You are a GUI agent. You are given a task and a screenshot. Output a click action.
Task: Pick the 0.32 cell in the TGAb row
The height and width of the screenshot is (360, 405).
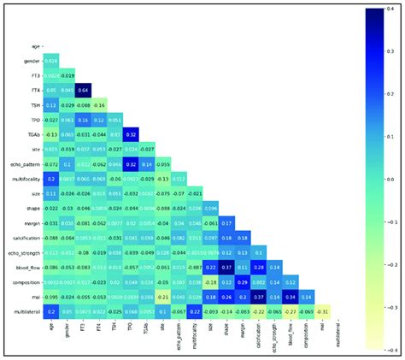(132, 134)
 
